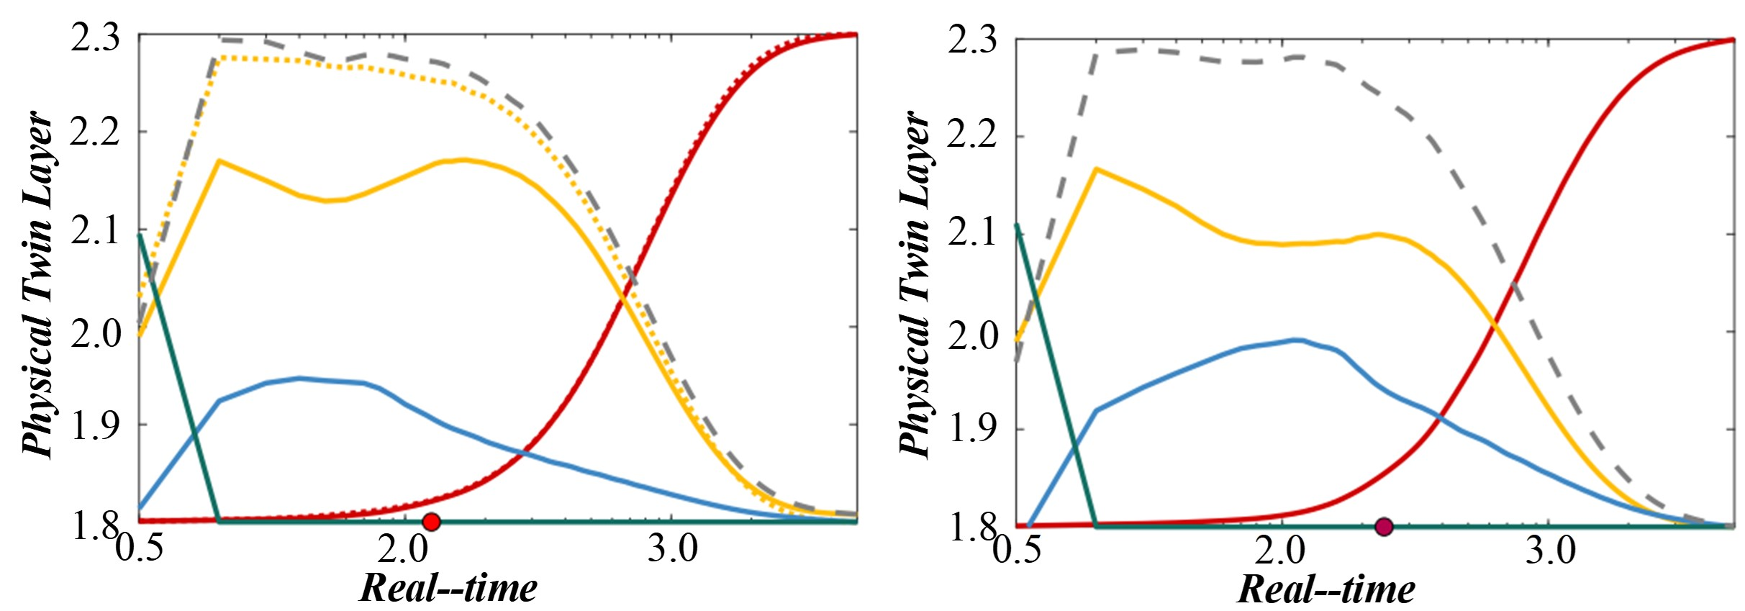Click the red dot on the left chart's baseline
pyautogui.click(x=431, y=521)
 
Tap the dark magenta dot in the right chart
pyautogui.click(x=1383, y=526)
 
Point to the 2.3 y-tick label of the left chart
pyautogui.click(x=95, y=37)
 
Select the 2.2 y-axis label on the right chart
pyautogui.click(x=972, y=135)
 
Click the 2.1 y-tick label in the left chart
pyautogui.click(x=95, y=232)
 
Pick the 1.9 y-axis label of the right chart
pyautogui.click(x=972, y=430)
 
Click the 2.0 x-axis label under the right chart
pyautogui.click(x=1280, y=551)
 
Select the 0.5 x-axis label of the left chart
pyautogui.click(x=140, y=550)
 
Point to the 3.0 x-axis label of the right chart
pyautogui.click(x=1550, y=551)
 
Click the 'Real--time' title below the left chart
pyautogui.click(x=448, y=588)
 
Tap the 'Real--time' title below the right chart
pyautogui.click(x=1326, y=589)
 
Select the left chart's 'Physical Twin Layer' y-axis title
pyautogui.click(x=37, y=284)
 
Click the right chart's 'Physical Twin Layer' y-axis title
pyautogui.click(x=915, y=284)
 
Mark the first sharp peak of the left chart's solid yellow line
pyautogui.click(x=219, y=160)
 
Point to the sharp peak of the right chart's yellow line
pyautogui.click(x=1095, y=169)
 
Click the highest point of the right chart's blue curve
pyautogui.click(x=1297, y=340)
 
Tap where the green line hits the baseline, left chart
pyautogui.click(x=219, y=520)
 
